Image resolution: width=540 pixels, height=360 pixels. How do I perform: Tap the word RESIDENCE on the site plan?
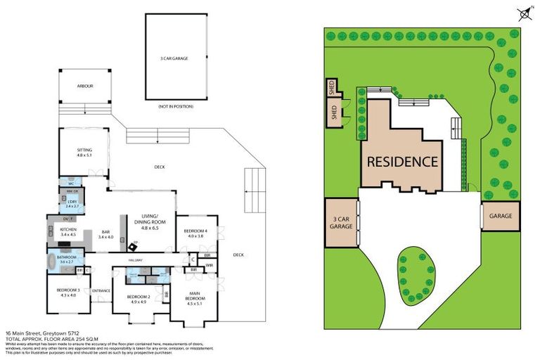coord(402,161)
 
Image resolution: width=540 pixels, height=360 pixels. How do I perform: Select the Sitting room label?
coord(84,152)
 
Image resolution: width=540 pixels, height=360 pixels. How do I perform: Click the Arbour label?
coord(84,86)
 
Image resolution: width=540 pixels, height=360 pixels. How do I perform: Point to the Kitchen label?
coord(67,232)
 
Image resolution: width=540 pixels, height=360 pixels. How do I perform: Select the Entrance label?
coord(101,290)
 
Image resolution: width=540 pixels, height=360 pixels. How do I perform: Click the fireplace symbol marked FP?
coord(134,246)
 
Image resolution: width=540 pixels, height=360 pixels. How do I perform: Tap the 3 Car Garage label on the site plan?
coord(340,223)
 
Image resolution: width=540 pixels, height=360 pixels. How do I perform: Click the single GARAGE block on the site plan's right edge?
coord(501,216)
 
